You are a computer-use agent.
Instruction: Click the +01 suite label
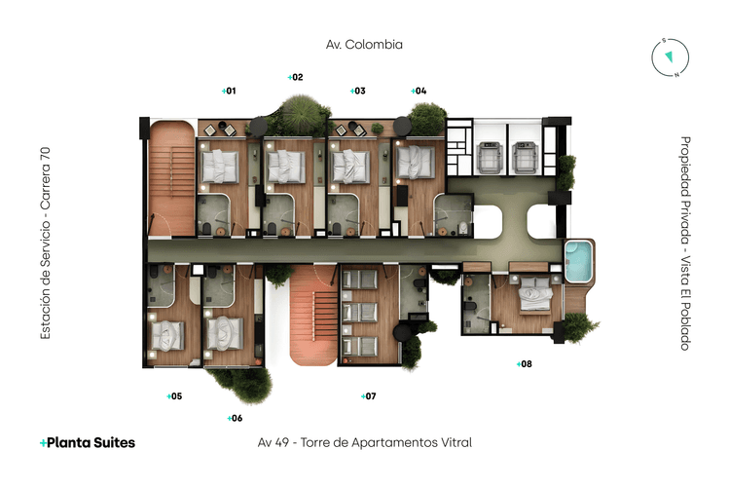pos(229,91)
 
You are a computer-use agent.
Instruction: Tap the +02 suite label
pos(296,77)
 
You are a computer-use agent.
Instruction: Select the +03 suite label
pos(358,91)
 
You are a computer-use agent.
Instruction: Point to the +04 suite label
pos(419,91)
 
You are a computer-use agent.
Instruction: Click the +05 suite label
pos(174,396)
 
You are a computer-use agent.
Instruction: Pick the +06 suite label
pos(235,418)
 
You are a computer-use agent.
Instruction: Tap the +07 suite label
pos(368,396)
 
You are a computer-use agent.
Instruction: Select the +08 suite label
pos(524,364)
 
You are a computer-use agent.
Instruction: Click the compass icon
pos(668,57)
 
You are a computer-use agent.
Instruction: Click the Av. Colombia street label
pos(364,44)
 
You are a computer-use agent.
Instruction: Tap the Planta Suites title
pos(88,442)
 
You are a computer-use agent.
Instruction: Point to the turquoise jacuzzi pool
pos(578,261)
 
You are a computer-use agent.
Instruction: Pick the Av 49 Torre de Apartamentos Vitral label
pos(364,443)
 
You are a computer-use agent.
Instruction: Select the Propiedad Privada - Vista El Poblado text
pos(684,243)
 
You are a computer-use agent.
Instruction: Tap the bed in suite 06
pos(227,334)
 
